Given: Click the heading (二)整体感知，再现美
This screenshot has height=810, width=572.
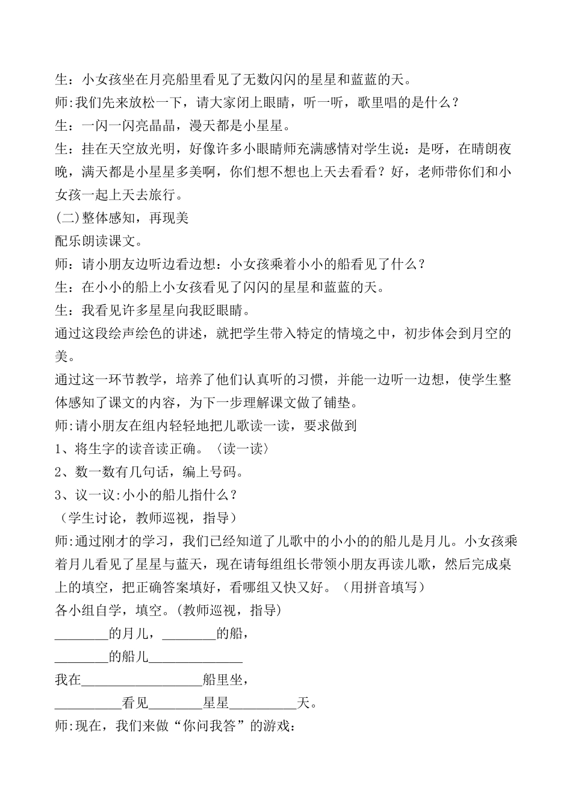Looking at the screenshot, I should point(121,218).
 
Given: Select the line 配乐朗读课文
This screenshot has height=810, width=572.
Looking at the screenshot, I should point(98,241).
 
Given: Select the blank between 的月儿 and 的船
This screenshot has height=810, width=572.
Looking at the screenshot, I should point(189,634).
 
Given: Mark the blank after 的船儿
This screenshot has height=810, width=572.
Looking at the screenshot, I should point(196,658).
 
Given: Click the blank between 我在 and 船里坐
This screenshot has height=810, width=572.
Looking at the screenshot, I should point(141,681).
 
